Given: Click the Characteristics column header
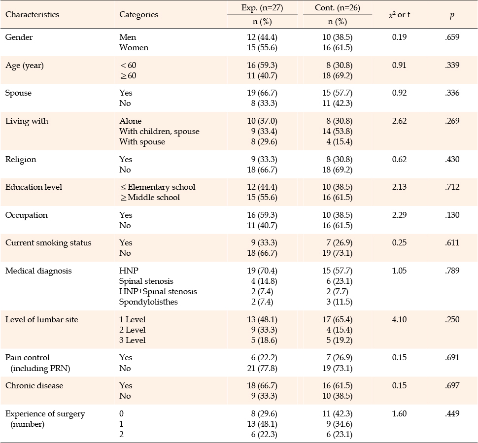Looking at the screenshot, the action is tap(33, 15).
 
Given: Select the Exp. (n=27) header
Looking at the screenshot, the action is tap(262, 7).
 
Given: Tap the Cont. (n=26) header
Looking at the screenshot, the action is tap(338, 7).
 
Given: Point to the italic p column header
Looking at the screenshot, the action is tap(452, 15).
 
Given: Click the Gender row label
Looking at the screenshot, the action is tap(19, 37).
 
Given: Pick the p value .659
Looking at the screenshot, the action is tap(452, 37).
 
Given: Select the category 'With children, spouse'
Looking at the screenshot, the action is tap(159, 132).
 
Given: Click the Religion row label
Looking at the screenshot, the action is tap(21, 160).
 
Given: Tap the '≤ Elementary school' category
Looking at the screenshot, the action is tap(158, 187).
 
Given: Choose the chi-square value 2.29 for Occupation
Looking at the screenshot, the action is tap(399, 215).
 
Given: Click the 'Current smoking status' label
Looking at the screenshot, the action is tap(48, 243).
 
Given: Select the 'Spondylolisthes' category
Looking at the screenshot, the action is tap(148, 302).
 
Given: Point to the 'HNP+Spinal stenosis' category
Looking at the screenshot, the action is tap(158, 291).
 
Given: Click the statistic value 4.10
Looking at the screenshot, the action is tap(399, 319).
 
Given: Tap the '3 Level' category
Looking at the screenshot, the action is tap(132, 340).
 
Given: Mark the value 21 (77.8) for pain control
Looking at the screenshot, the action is tap(262, 368).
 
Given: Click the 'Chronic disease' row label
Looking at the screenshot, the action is tap(34, 386).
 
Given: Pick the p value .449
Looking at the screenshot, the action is tap(452, 414).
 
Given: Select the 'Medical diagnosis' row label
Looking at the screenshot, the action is tap(38, 271).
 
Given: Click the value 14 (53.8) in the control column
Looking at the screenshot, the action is tap(338, 132).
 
